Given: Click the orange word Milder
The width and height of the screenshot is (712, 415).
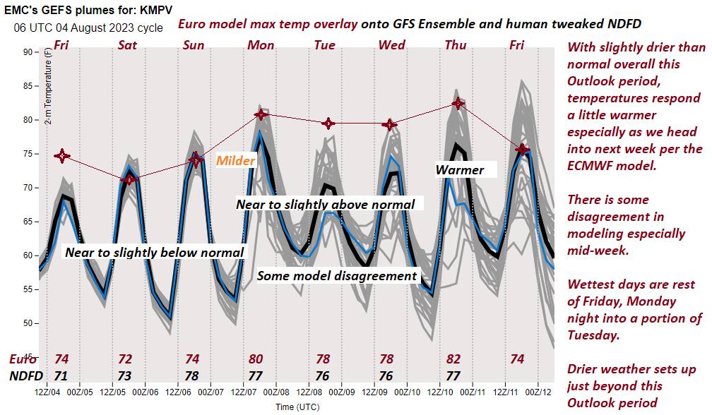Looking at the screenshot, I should coord(235,161).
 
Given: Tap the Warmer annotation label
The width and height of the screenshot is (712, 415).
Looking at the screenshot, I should coord(460,170).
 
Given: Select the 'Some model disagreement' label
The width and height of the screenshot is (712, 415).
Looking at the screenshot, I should coord(337,276).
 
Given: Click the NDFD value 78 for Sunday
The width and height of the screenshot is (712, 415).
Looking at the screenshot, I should coord(191,375).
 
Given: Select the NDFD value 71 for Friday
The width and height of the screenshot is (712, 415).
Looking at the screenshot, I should coord(61,375).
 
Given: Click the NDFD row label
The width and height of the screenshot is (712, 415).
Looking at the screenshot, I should coord(26,375).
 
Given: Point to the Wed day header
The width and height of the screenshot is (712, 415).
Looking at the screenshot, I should coord(392,45).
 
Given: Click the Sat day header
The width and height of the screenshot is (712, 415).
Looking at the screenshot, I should coord(127,45).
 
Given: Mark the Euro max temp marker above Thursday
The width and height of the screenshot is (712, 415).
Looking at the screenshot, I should coord(458,103).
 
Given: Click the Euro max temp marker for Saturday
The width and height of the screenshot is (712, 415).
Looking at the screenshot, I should coord(128,179).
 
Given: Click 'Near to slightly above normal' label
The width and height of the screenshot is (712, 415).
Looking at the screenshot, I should coord(325,204).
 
